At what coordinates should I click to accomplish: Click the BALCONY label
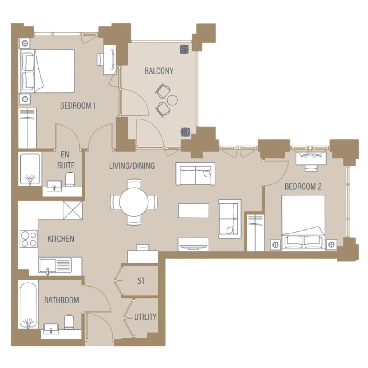coord(159,71)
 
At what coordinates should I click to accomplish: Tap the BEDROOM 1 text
coord(78,106)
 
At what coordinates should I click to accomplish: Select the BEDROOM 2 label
coord(303,187)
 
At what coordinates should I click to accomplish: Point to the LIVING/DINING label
coord(132,166)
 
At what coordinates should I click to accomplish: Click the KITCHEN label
coord(61,238)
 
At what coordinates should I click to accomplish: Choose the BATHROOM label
coord(61,300)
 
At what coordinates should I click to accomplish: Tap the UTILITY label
coord(145,317)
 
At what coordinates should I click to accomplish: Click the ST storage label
coord(141,281)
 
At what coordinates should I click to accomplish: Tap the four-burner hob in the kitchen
coord(29,239)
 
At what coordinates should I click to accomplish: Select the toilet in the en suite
coord(70,179)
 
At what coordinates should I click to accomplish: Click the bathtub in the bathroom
coord(29,304)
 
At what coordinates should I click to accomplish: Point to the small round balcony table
coord(173,99)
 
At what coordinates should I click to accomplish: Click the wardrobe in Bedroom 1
coord(28,128)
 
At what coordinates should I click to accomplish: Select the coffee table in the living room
coord(193,211)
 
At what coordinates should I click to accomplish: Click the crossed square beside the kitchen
coord(72,211)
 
